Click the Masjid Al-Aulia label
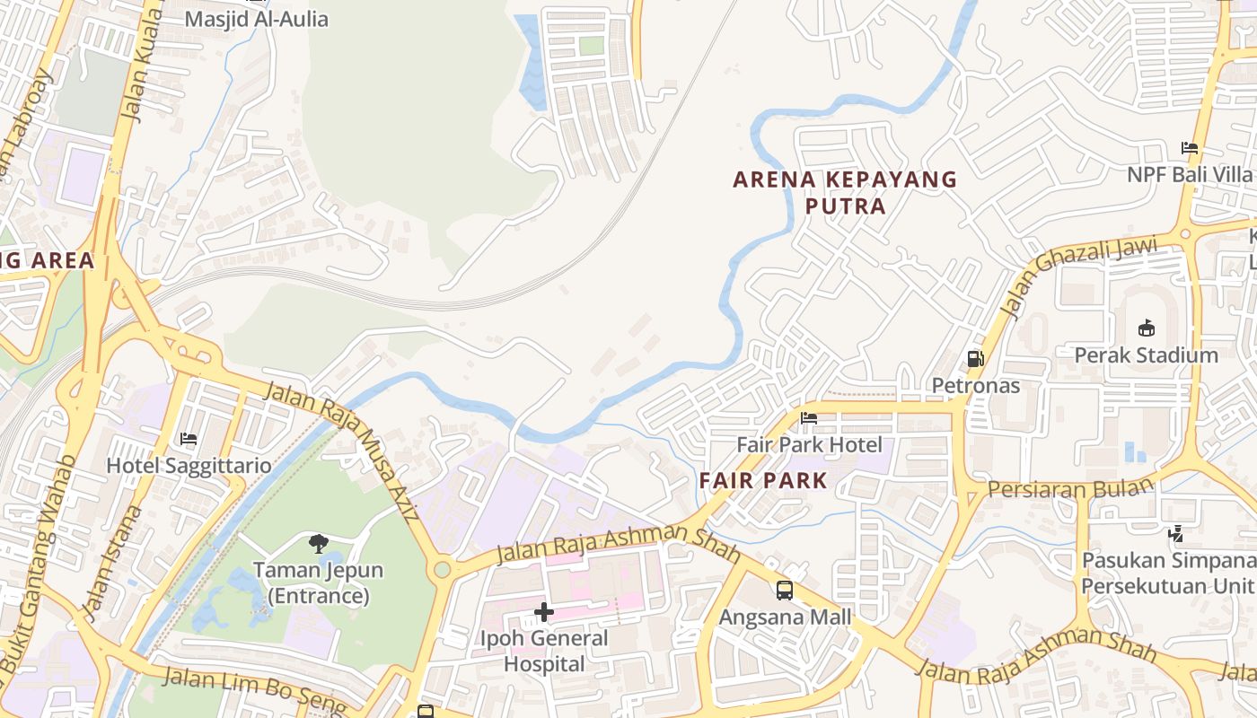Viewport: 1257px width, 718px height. point(256,19)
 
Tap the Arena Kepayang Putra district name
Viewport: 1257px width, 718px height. point(845,192)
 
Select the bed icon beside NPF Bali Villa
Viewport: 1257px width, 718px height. point(1190,148)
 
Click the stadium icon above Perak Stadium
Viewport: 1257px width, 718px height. point(1147,328)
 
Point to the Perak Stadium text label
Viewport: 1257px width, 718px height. point(1147,355)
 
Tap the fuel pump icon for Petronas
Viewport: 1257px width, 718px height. point(975,360)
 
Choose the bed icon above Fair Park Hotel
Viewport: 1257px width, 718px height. point(809,418)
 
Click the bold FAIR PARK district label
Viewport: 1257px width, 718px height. point(763,480)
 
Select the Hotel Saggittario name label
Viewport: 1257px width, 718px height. point(189,466)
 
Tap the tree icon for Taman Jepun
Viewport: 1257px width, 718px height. point(318,543)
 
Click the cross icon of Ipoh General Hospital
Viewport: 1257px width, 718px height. point(544,612)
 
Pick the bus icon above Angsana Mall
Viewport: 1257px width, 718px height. point(785,591)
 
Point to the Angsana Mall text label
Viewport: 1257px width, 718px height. point(785,617)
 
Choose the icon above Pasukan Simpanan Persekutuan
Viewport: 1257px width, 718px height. point(1175,535)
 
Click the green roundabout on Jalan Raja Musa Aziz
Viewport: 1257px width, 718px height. point(442,570)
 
